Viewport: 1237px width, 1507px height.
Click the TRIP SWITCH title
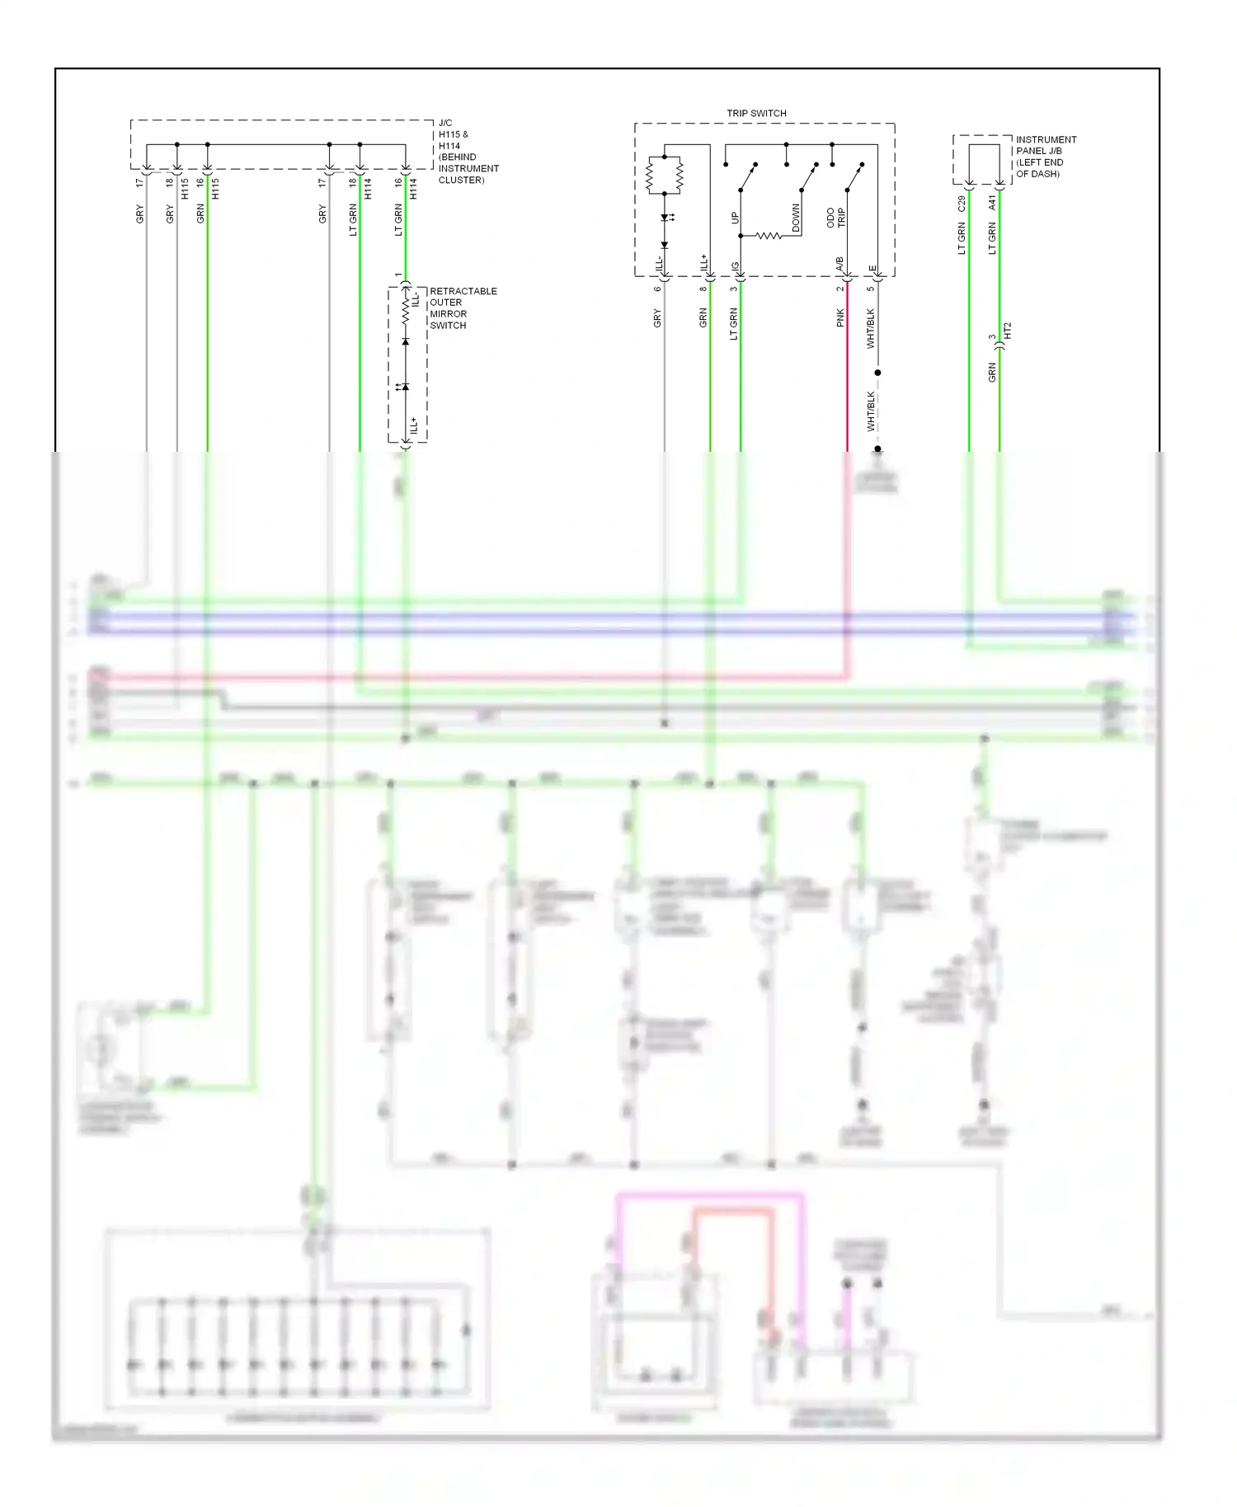coord(756,113)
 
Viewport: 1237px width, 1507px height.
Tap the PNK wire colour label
coord(840,317)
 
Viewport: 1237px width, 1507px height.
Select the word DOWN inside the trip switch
coord(796,218)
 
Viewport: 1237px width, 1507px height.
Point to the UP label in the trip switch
coord(735,218)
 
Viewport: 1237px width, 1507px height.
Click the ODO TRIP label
coord(835,218)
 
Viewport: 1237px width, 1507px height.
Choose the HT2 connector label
coord(1007,331)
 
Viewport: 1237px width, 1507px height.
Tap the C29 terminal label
coord(962,203)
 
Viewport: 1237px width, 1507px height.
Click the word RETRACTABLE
coord(463,291)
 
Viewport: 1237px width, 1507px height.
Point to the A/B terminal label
coord(840,265)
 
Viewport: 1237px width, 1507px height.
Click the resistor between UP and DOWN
coord(769,236)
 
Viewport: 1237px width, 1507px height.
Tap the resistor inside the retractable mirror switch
coord(405,311)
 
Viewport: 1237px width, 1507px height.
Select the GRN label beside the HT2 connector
coord(992,372)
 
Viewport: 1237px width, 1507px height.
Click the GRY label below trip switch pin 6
coord(657,317)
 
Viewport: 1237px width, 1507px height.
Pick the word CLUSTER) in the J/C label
coord(461,180)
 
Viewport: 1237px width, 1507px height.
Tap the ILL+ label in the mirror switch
coord(414,425)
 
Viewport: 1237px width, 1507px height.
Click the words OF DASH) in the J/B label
coord(1037,174)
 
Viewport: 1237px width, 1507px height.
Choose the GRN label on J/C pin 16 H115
coord(200,214)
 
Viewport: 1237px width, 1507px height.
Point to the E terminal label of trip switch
coord(872,268)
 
